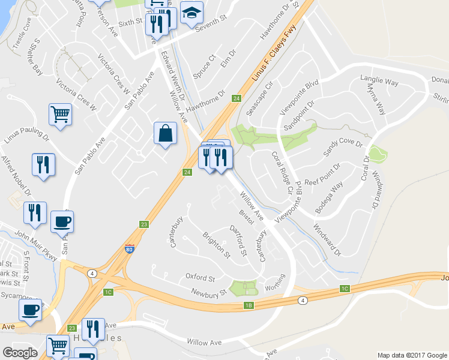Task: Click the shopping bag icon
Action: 166,133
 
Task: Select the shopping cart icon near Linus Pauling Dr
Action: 60,113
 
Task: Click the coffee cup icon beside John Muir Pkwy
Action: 62,222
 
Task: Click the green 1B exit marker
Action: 250,305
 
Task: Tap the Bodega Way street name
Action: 329,193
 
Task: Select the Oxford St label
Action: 200,278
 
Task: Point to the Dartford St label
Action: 238,240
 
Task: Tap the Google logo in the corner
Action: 20,353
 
